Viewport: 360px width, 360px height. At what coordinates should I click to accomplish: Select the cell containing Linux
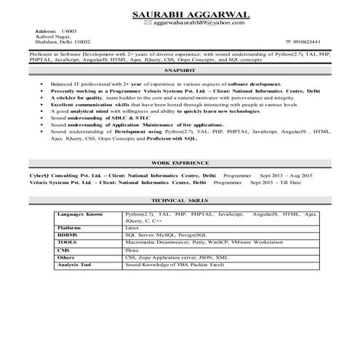[132, 228]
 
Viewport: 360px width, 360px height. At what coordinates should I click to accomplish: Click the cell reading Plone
[132, 250]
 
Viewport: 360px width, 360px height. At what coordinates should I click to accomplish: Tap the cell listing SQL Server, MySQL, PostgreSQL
[161, 236]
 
